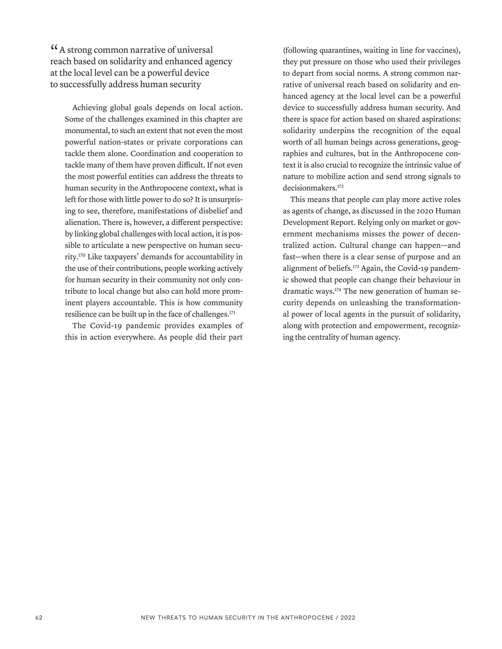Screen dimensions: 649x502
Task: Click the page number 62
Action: click(39, 617)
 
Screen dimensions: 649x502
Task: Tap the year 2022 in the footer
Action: click(348, 617)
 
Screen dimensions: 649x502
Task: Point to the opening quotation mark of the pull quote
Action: click(54, 48)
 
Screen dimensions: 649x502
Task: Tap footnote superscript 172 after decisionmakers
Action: click(340, 186)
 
